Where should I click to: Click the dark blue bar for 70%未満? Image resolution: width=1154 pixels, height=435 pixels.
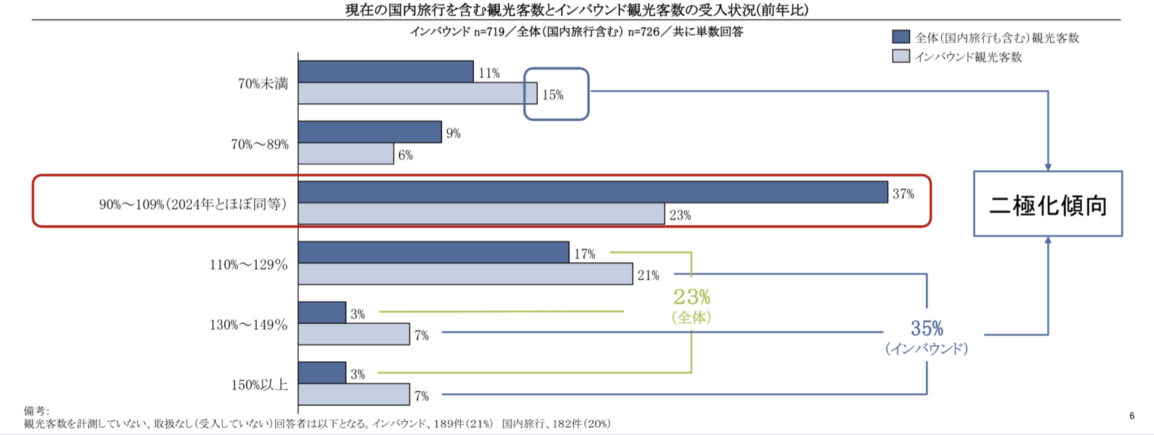click(x=386, y=72)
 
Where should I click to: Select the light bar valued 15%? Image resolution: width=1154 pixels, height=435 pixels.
click(x=417, y=94)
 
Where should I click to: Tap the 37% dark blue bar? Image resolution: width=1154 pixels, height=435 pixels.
click(x=592, y=193)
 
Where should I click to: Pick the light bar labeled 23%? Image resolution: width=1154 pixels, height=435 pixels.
click(x=481, y=214)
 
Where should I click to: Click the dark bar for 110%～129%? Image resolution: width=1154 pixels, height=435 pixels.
click(x=433, y=252)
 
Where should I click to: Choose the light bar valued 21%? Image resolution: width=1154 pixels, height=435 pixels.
click(x=465, y=274)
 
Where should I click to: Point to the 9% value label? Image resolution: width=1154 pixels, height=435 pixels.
click(x=453, y=133)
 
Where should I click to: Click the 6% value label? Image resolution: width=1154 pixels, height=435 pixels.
click(x=405, y=155)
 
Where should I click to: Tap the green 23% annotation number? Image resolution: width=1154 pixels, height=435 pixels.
click(x=692, y=296)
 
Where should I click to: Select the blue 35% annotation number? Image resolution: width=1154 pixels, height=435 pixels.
click(x=927, y=329)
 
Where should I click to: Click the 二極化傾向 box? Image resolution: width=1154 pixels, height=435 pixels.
click(x=1047, y=204)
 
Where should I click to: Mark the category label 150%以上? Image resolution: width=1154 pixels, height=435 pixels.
click(x=260, y=385)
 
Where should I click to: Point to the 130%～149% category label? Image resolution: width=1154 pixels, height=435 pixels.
click(x=249, y=325)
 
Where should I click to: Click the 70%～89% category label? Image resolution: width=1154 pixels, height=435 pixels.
click(x=260, y=144)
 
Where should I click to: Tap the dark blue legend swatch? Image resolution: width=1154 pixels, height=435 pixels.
click(x=901, y=37)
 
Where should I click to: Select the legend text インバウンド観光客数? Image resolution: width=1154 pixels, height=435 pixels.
click(x=969, y=57)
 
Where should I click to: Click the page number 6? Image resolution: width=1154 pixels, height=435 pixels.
click(x=1132, y=416)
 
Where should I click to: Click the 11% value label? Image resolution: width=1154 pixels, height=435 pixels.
click(x=488, y=73)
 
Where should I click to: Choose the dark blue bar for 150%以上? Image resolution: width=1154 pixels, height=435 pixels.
click(x=322, y=373)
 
